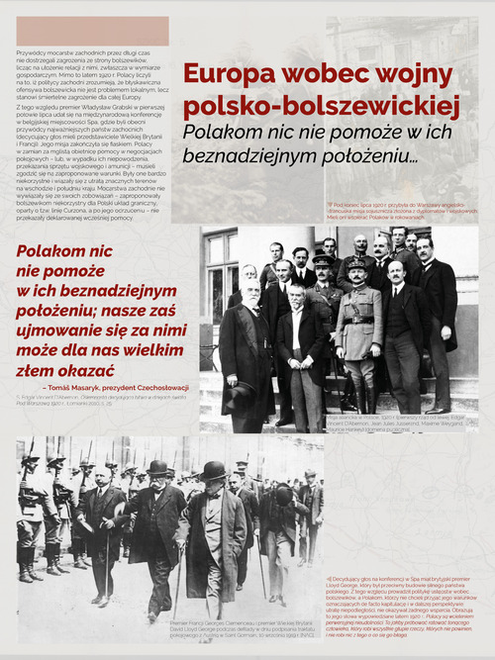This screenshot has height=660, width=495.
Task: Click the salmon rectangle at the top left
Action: click(93, 31)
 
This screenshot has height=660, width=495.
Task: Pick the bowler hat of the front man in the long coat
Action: click(213, 470)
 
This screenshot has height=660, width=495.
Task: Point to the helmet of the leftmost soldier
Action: click(29, 461)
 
